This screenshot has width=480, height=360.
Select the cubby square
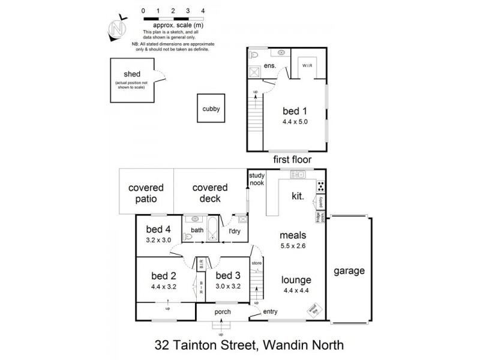coord(211,109)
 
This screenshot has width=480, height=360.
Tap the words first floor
coord(289,160)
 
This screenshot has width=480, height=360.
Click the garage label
coord(350,271)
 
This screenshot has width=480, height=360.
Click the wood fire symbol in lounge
coord(312,310)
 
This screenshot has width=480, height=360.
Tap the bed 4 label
coord(158,229)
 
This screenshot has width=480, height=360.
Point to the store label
coord(257,263)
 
